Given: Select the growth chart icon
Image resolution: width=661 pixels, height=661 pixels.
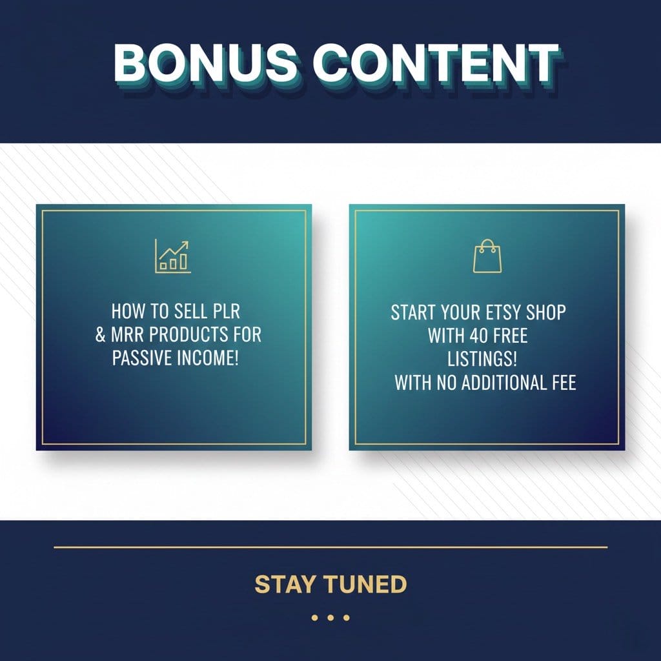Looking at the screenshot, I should (173, 256).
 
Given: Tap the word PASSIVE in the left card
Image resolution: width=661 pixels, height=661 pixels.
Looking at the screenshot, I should (140, 358).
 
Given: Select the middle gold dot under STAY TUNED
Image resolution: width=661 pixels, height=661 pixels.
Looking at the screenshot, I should (330, 618).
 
